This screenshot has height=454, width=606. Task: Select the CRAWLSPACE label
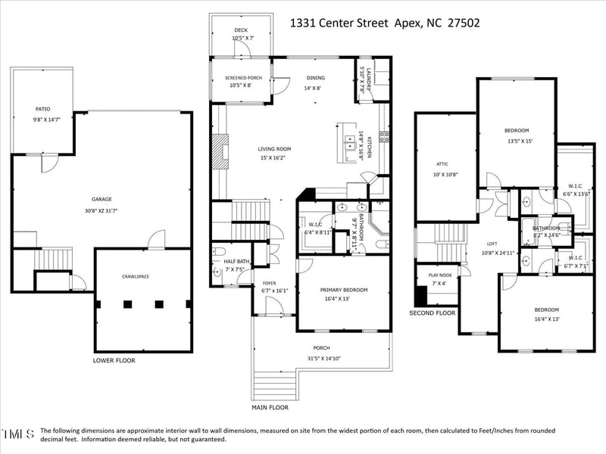tap(136, 277)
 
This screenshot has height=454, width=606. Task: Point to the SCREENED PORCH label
tap(245, 77)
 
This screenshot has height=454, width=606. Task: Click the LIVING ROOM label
tap(275, 149)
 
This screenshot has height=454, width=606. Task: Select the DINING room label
tap(314, 77)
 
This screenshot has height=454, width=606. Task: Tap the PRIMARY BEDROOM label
tap(344, 290)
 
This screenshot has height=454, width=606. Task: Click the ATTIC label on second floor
tap(442, 163)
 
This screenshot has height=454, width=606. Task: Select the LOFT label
tap(492, 244)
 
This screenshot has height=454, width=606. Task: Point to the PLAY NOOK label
tap(440, 275)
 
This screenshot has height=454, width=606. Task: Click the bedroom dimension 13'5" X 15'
tap(520, 140)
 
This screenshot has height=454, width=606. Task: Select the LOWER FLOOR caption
tap(114, 361)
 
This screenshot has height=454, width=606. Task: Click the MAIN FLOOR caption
tap(270, 407)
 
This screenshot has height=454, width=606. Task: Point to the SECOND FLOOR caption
tap(432, 313)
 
